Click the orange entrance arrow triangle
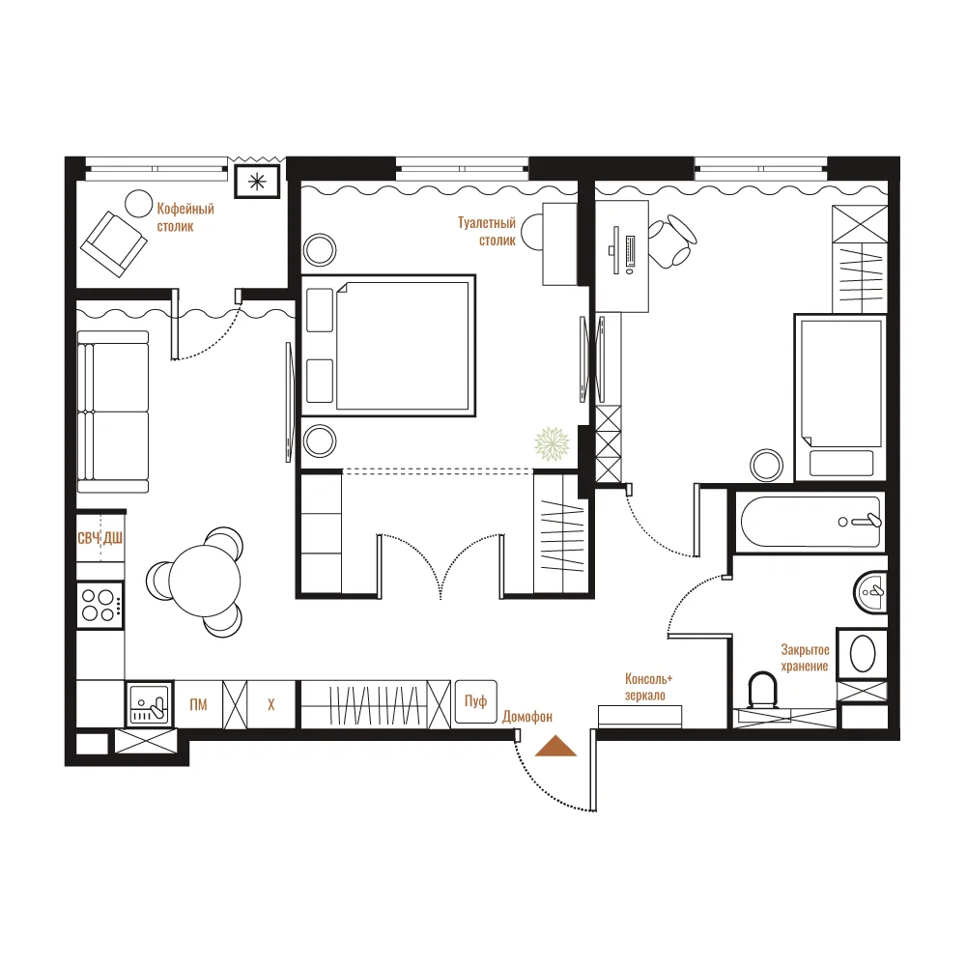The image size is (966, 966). (555, 747)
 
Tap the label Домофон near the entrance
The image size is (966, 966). (527, 717)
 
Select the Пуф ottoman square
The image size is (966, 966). (475, 701)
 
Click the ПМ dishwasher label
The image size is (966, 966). (198, 705)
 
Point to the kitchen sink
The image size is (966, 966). (150, 704)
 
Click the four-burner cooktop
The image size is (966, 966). (99, 605)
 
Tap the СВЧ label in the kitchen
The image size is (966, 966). (89, 538)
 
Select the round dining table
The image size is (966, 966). (205, 581)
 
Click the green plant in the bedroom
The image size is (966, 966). (552, 443)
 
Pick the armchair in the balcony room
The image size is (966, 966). (114, 244)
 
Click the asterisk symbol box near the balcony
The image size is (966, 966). (258, 182)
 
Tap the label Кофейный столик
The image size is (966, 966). (185, 217)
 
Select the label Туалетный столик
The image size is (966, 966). (487, 231)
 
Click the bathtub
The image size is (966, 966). (810, 522)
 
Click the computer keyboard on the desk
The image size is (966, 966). (630, 251)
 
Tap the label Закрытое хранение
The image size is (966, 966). (805, 658)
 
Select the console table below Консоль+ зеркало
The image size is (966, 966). (640, 717)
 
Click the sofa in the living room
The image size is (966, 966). (113, 412)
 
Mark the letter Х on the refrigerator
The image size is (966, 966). (271, 705)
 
